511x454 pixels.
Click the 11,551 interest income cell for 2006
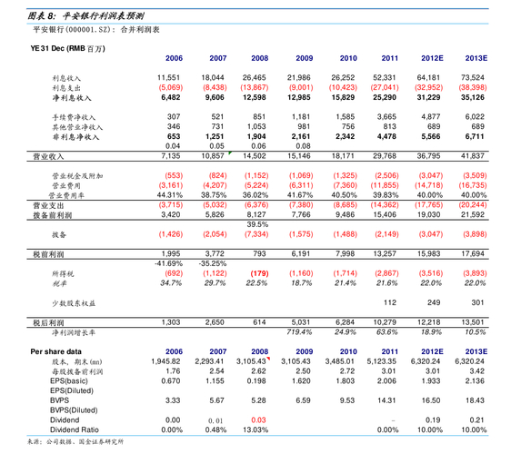168,79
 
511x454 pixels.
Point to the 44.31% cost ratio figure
170,195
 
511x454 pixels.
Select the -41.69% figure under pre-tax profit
170,262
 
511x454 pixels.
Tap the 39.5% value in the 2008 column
258,223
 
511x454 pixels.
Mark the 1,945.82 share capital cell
168,360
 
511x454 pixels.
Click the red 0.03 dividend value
257,419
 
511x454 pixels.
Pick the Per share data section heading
55,350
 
